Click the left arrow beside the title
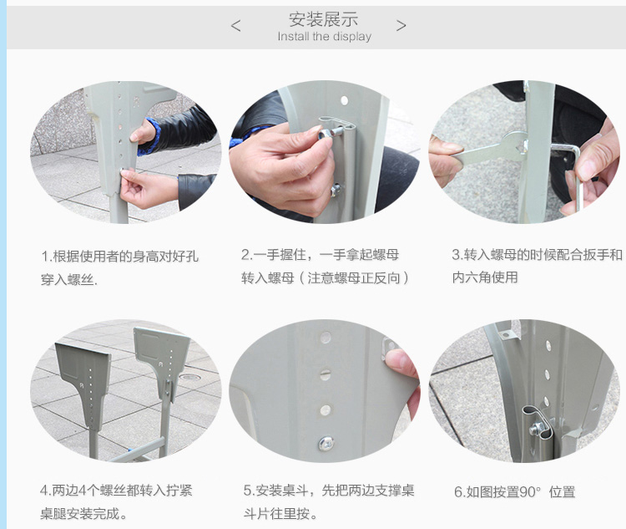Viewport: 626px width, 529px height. [x=235, y=26]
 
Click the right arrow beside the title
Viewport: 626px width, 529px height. [x=401, y=26]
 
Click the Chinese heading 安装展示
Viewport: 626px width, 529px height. [x=323, y=18]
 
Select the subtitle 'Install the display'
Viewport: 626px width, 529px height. [x=325, y=37]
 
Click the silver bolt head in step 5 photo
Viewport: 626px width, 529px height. [x=326, y=443]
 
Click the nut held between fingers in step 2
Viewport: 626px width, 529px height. [x=325, y=134]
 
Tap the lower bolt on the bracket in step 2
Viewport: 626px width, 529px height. [x=336, y=190]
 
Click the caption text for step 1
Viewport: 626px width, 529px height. [x=119, y=267]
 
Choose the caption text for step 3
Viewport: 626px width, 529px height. [x=537, y=266]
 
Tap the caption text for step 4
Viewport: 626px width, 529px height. [x=116, y=501]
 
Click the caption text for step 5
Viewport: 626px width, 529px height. [x=329, y=501]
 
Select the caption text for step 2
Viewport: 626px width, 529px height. [x=325, y=266]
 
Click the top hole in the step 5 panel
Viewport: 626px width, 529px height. [x=326, y=338]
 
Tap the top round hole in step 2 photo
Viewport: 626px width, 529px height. [x=344, y=99]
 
